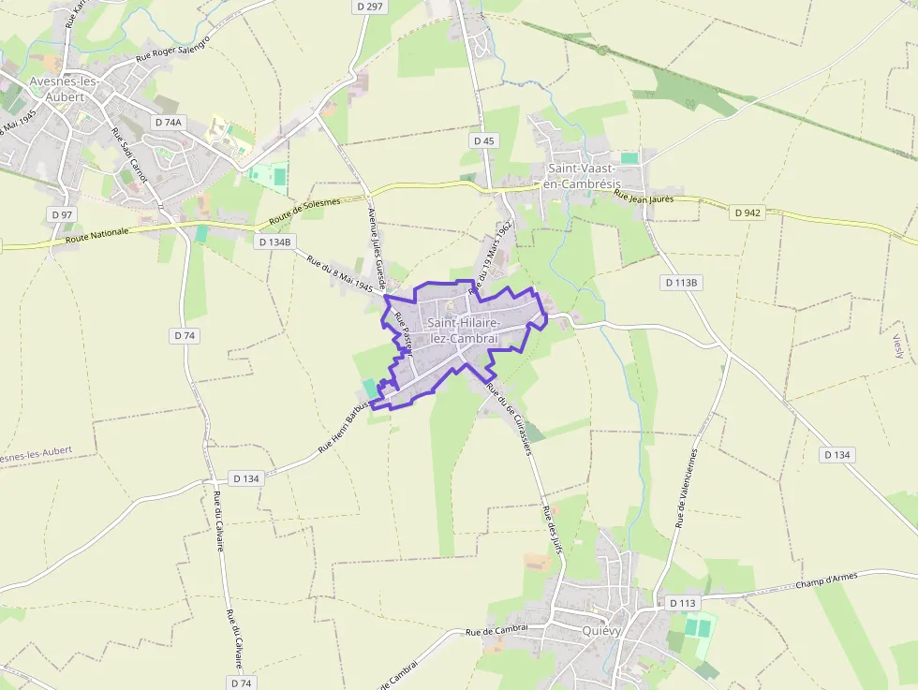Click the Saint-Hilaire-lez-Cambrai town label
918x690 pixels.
coord(461,330)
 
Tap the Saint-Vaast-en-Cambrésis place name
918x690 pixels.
coord(583,176)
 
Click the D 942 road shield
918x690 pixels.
coord(748,213)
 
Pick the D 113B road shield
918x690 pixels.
coord(682,282)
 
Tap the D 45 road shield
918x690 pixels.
coord(483,140)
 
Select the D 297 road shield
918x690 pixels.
coord(370,7)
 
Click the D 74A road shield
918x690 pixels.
coord(168,123)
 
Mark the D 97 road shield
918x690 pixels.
coord(62,214)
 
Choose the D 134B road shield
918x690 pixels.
coord(275,242)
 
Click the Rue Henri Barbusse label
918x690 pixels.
coord(343,429)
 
